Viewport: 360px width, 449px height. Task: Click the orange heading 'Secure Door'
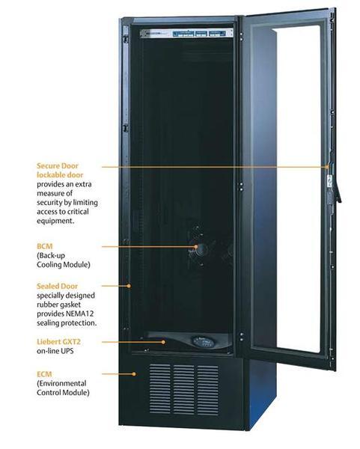[x=58, y=166]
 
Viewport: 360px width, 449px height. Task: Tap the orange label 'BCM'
[x=45, y=246]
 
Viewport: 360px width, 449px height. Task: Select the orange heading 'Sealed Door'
[x=57, y=286]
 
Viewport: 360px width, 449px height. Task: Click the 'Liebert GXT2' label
[x=58, y=342]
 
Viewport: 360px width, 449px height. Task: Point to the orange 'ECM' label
[x=44, y=374]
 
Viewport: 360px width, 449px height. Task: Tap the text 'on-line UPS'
[x=55, y=351]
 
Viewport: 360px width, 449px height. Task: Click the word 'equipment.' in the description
[x=55, y=221]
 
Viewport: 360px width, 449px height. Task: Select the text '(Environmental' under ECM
[x=61, y=383]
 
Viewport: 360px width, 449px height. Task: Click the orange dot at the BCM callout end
[x=196, y=246]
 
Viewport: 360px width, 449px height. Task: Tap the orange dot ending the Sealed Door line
[x=129, y=286]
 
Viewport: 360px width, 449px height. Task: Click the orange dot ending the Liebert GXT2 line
[x=163, y=342]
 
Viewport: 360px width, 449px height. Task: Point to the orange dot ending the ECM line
[x=134, y=374]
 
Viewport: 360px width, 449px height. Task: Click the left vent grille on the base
[x=160, y=388]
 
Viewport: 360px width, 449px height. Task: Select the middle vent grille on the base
[x=183, y=389]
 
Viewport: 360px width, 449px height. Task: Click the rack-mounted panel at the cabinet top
[x=186, y=33]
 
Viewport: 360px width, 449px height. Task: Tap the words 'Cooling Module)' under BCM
[x=64, y=265]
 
